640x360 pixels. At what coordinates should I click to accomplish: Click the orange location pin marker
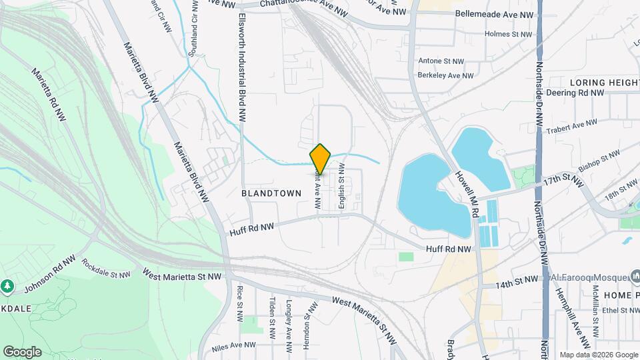[x=321, y=159]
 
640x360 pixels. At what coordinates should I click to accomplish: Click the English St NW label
[x=341, y=189]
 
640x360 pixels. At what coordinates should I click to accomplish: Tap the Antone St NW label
[x=441, y=61]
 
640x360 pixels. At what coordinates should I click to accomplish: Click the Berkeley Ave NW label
[x=445, y=76]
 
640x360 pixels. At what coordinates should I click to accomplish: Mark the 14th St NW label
[x=517, y=282]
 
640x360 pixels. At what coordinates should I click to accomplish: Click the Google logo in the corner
[x=22, y=352]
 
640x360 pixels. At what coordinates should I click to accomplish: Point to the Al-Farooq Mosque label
[x=590, y=276]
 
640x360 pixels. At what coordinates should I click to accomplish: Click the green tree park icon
[x=8, y=286]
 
